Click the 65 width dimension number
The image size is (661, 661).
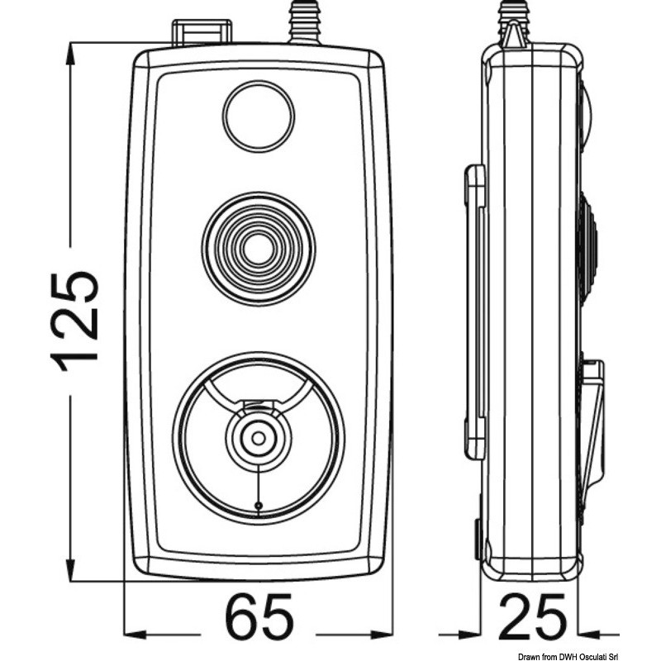coord(259,616)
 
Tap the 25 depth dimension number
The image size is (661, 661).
coord(532,616)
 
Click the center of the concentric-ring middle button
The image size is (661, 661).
coord(259,249)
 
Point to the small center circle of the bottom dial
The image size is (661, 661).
coord(258,439)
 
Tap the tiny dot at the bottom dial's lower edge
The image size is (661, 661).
coord(258,505)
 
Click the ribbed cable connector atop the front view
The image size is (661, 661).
coord(304,22)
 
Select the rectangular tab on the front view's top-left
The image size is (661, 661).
coord(202,32)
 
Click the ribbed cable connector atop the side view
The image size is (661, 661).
coord(514,23)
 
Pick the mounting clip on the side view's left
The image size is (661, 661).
coord(475,311)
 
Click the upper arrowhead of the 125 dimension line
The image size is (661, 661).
coord(70,55)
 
